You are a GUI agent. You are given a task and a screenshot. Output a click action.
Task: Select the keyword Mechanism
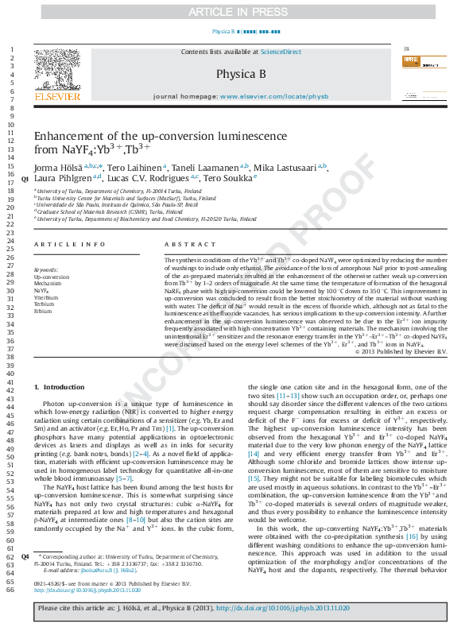tap(47, 284)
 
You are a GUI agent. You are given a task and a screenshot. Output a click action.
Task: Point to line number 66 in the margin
tap(12, 589)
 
